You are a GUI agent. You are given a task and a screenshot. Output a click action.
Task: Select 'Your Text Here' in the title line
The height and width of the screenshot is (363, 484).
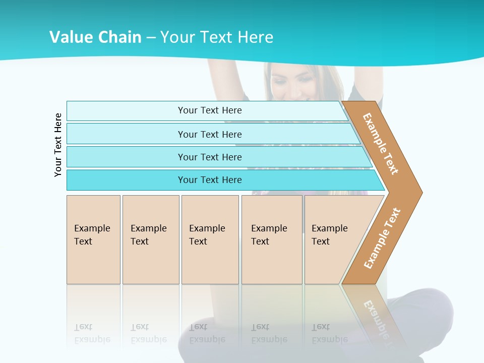coord(217,37)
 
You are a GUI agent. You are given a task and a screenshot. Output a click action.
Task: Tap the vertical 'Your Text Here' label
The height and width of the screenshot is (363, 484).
coord(58,145)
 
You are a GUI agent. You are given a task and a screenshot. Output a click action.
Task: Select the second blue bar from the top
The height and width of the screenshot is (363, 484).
coord(210,134)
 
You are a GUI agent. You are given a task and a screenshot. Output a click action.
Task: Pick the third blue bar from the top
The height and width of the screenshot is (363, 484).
coord(210,157)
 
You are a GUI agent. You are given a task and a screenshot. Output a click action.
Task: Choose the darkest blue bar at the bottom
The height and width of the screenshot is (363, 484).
coord(210,180)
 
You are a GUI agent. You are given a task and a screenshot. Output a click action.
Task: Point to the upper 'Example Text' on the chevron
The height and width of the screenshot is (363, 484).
coord(381,144)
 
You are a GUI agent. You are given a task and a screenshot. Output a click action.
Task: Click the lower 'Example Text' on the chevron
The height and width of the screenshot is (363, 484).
coord(382,238)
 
